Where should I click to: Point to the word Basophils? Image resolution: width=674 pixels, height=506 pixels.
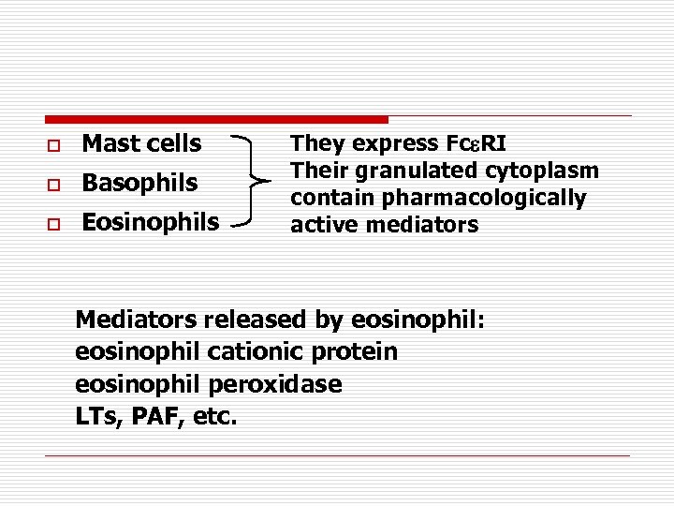pos(139,184)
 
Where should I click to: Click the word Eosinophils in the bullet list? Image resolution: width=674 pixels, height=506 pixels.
pos(151,223)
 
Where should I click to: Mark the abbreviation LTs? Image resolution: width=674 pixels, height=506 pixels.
pos(96,416)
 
